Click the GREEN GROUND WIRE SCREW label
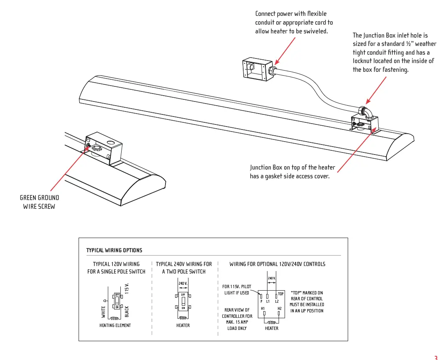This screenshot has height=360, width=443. point(39,202)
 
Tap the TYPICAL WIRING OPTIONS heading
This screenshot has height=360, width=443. point(114,250)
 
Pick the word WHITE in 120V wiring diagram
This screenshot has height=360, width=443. point(103,312)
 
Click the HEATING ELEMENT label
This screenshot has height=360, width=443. point(115,325)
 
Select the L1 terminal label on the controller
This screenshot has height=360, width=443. point(268,301)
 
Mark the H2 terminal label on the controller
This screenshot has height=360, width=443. point(280,309)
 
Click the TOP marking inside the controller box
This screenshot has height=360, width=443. point(280,294)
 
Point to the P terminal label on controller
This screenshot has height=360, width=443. point(261,301)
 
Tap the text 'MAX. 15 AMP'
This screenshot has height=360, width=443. point(237,322)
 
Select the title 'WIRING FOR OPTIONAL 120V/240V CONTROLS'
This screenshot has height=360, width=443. point(277,264)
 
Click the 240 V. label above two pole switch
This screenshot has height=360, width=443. point(183,284)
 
